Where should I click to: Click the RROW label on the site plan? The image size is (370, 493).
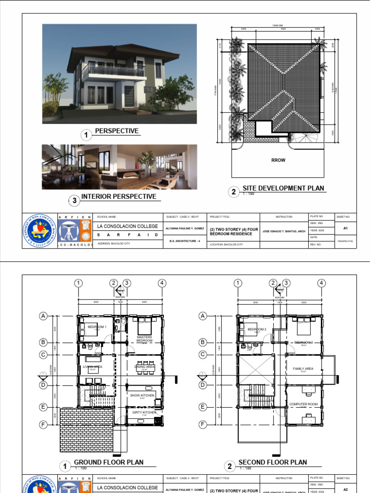(278, 160)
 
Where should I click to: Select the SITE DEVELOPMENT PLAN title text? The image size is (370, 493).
(283, 188)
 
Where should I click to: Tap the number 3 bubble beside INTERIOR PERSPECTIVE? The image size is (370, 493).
(74, 200)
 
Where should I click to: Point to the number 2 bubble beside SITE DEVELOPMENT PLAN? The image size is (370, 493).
(234, 192)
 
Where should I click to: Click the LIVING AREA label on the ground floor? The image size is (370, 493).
(92, 367)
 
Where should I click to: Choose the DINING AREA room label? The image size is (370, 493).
(145, 367)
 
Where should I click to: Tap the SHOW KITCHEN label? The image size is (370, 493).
(142, 395)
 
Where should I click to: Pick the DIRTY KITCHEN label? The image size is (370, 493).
(144, 413)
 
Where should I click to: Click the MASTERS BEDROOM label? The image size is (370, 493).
(144, 338)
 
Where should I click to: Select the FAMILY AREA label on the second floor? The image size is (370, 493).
(303, 369)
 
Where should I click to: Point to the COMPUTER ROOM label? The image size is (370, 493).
(303, 404)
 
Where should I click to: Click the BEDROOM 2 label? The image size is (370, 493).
(257, 329)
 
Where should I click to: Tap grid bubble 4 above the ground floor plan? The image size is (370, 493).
(162, 283)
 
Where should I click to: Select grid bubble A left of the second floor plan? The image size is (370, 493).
(203, 316)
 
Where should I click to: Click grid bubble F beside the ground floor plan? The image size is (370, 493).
(43, 425)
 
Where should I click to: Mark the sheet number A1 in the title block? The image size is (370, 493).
(345, 229)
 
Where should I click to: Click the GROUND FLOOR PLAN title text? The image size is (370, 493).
(108, 462)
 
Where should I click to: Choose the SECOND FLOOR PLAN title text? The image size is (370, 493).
(272, 462)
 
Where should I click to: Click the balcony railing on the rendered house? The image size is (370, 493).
(113, 71)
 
